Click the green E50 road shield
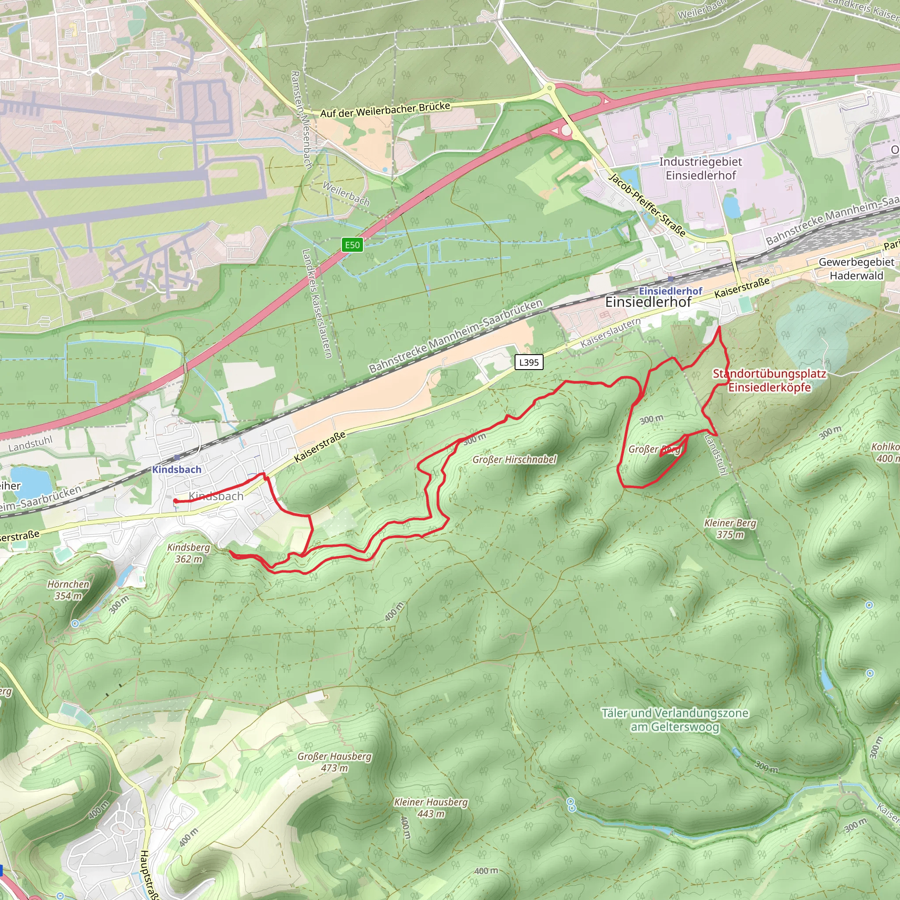(x=352, y=245)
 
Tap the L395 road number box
(x=529, y=363)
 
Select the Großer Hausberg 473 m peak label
(x=334, y=762)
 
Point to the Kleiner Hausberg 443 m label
(x=431, y=808)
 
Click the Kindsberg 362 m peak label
(x=189, y=553)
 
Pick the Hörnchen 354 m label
(x=69, y=590)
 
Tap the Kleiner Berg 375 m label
(x=730, y=529)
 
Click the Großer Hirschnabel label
(x=514, y=460)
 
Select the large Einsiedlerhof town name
(x=648, y=302)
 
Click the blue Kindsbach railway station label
(x=177, y=470)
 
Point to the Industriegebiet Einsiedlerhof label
(x=700, y=169)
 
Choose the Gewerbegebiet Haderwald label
(x=856, y=269)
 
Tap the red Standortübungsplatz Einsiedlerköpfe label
(x=769, y=381)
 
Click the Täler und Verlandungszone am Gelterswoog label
(x=675, y=720)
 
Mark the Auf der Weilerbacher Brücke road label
(x=385, y=110)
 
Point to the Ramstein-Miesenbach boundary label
(x=301, y=120)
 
